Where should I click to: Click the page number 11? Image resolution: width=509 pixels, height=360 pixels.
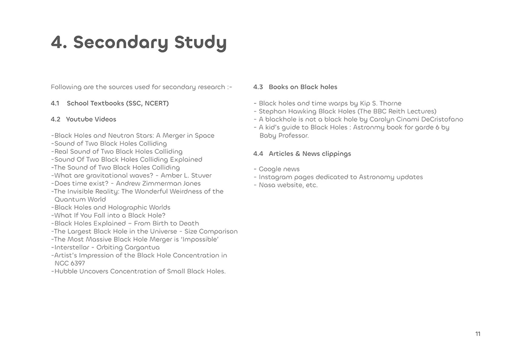coord(477,334)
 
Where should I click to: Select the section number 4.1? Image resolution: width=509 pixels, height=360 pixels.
coord(55,103)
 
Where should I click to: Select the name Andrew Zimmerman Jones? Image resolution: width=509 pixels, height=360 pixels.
coord(158,183)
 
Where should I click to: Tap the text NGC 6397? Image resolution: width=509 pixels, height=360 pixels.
coord(70,263)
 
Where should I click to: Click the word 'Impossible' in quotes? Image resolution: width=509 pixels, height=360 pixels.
coord(199,239)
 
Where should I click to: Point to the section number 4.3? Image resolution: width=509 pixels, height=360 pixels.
coord(258,87)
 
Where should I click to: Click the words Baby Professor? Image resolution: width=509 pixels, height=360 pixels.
coord(284,135)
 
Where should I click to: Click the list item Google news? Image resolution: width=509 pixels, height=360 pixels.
coord(279,169)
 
